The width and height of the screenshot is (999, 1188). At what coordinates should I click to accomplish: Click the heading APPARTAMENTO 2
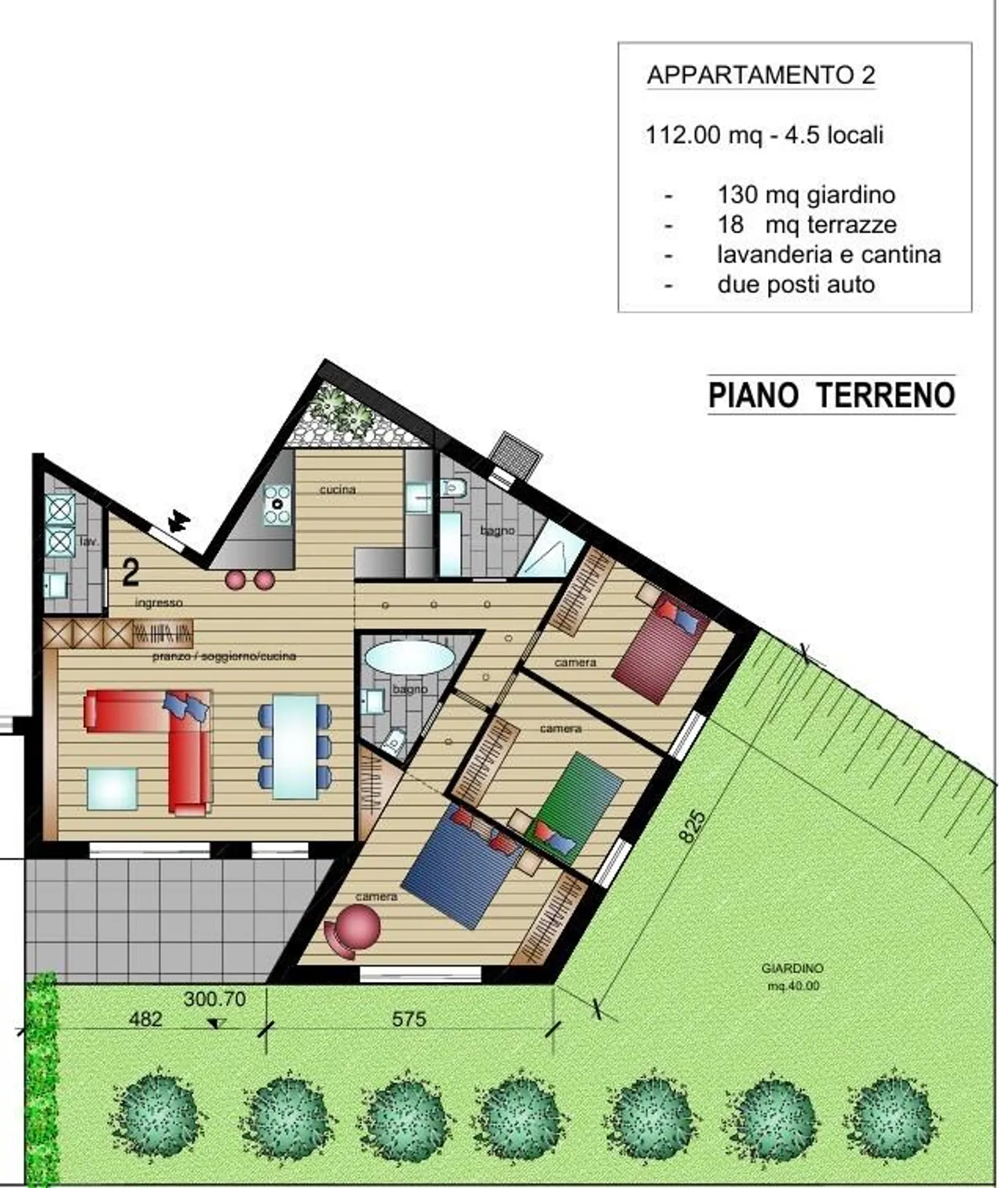click(760, 75)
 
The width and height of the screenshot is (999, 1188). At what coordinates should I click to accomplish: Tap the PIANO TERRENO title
click(831, 395)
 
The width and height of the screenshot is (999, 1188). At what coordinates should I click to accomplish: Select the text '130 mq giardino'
click(805, 194)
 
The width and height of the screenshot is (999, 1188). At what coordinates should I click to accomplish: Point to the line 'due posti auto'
click(796, 285)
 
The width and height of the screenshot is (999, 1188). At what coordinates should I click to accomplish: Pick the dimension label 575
click(409, 1019)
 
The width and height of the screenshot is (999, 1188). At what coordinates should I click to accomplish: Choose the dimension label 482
click(146, 1019)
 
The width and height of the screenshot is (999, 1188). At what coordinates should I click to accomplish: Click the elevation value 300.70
click(214, 999)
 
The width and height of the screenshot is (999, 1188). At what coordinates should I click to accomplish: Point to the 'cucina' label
click(337, 489)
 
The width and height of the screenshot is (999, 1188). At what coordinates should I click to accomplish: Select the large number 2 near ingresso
click(130, 572)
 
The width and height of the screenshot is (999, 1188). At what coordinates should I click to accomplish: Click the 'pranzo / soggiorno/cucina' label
click(224, 656)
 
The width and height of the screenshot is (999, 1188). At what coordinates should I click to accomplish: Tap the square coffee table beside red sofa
click(112, 789)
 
